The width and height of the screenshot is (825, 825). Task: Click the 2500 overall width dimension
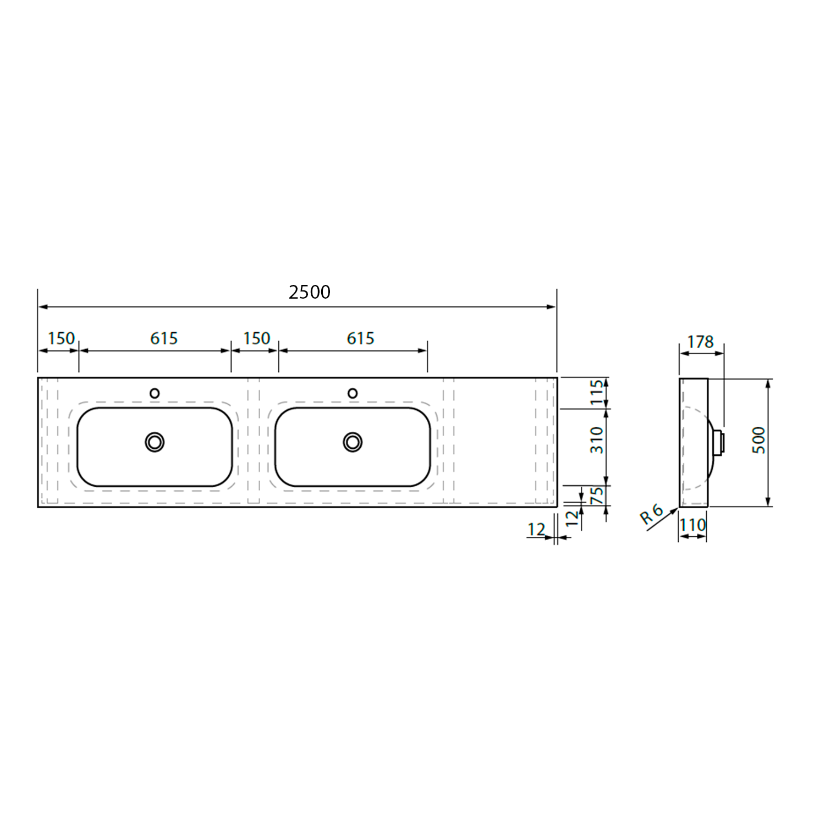[310, 292]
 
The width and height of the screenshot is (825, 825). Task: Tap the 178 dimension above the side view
[700, 342]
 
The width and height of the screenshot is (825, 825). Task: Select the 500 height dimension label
[758, 440]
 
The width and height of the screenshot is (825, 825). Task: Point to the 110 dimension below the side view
[692, 525]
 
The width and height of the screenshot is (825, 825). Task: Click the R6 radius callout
[652, 514]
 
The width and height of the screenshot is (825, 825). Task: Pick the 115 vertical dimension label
[597, 393]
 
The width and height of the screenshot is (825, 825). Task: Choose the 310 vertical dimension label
[597, 440]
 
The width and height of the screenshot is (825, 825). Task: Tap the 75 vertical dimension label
[597, 496]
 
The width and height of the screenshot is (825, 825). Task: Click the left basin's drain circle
[155, 442]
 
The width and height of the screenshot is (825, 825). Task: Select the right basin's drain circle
[353, 442]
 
